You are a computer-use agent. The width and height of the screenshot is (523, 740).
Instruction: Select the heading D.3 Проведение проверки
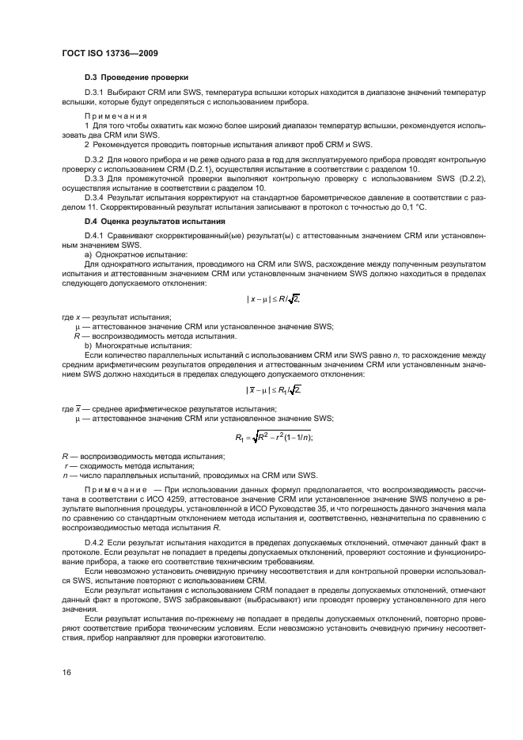click(136, 78)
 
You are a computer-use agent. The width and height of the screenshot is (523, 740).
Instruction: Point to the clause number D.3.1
click(97, 93)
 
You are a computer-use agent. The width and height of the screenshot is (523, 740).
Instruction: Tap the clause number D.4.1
click(97, 235)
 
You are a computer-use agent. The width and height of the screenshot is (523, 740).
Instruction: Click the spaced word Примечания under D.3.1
click(116, 116)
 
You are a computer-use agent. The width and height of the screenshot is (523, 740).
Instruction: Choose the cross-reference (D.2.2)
click(466, 179)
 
